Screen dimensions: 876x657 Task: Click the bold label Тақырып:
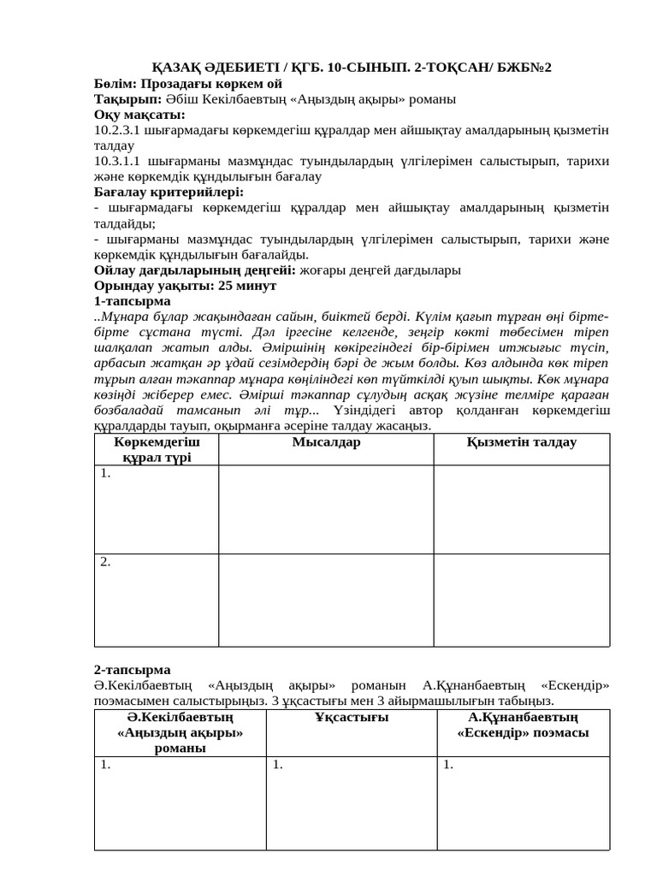click(x=125, y=99)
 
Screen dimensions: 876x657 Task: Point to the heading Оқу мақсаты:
click(x=139, y=115)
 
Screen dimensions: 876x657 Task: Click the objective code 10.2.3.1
click(x=117, y=130)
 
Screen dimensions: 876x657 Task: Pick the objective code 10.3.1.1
click(x=117, y=161)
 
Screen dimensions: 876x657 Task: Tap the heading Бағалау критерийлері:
click(x=169, y=192)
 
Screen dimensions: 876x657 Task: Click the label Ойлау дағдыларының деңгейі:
click(x=195, y=269)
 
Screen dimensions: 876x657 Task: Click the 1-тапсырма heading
click(x=132, y=301)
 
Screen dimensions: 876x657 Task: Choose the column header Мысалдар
click(x=326, y=442)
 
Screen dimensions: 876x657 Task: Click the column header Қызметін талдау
click(x=521, y=442)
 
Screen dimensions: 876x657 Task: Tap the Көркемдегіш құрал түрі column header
click(x=157, y=449)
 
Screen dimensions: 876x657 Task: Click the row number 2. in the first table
click(x=105, y=562)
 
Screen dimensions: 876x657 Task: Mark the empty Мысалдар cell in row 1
click(x=326, y=510)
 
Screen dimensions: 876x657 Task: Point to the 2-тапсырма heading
click(x=132, y=670)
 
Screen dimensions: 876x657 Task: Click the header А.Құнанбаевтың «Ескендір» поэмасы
click(x=523, y=725)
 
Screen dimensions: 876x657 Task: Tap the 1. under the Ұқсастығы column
click(x=277, y=766)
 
